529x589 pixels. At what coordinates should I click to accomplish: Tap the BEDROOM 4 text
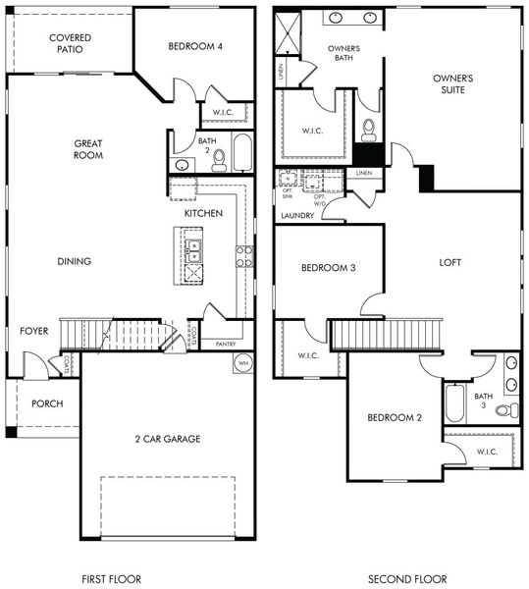(x=195, y=46)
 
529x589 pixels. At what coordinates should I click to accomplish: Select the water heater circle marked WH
(x=243, y=363)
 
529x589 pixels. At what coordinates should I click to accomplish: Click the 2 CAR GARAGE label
(x=167, y=439)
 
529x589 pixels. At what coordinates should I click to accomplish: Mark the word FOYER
(x=33, y=332)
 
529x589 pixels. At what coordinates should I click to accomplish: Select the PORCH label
(x=47, y=403)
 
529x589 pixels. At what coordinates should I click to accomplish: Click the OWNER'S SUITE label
(x=453, y=83)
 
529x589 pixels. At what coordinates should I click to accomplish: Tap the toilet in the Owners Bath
(x=369, y=129)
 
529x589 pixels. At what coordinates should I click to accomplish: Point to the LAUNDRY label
(x=297, y=216)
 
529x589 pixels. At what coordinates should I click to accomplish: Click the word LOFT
(x=450, y=262)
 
